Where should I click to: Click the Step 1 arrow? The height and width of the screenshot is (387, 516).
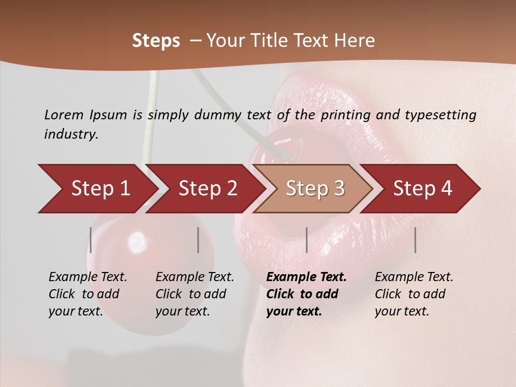click(x=99, y=189)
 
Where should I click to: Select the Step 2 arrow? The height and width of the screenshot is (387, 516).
click(x=207, y=189)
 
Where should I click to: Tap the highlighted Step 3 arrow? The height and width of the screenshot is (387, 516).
click(x=314, y=189)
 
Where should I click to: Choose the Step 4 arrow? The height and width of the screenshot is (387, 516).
click(x=422, y=189)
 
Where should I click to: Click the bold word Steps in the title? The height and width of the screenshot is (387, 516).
click(x=156, y=41)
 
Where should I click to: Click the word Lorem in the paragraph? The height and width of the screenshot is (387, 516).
click(x=63, y=114)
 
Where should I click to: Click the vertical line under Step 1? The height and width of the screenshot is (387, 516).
click(x=91, y=240)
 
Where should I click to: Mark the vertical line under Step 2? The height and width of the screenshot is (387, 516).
click(x=198, y=240)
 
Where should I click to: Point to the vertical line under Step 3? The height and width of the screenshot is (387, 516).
click(x=306, y=240)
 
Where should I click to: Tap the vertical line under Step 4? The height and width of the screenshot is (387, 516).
click(x=415, y=240)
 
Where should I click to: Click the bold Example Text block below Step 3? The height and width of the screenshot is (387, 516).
click(x=306, y=294)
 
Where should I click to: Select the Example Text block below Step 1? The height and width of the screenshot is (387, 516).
click(x=88, y=294)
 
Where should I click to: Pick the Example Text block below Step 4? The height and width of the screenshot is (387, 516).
click(x=414, y=294)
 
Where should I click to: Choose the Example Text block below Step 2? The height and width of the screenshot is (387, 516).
click(x=195, y=294)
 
